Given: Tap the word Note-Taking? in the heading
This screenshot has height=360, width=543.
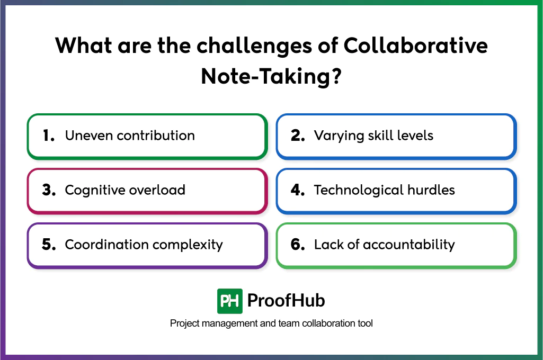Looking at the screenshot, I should [x=271, y=77].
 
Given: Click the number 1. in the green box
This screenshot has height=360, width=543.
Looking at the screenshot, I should [x=49, y=136].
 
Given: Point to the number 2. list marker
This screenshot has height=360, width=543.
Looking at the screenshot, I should [x=297, y=136].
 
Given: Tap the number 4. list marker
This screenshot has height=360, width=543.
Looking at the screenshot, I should [x=298, y=190].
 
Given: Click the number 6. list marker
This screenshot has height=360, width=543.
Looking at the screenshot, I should [x=298, y=245].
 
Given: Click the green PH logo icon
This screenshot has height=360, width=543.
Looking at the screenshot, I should [x=230, y=301].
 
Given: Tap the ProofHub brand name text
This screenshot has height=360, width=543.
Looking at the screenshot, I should [x=286, y=301].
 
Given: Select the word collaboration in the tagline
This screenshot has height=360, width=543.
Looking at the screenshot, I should [x=327, y=323].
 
